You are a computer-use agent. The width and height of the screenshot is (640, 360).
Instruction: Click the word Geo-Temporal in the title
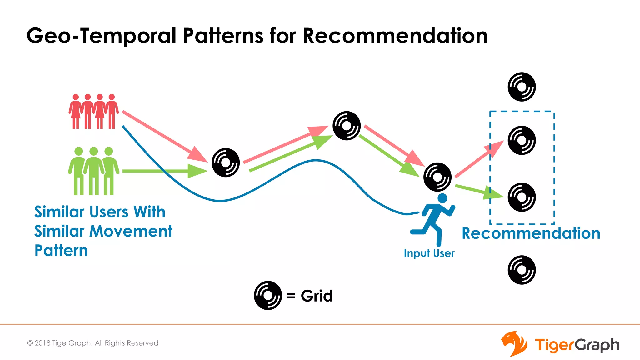coord(102,36)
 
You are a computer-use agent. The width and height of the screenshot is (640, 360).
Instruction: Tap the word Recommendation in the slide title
coord(395,36)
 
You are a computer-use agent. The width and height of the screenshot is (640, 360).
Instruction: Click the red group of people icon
coord(93,111)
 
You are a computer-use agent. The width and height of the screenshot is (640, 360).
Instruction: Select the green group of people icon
coord(93,171)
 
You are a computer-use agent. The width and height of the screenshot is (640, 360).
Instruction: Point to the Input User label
coord(429,253)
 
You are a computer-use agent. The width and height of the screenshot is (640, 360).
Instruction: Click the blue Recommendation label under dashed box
coord(531,233)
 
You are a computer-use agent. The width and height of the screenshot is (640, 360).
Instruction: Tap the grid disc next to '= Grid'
coord(268,296)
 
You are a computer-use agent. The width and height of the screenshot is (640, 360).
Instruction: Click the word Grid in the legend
coord(317,296)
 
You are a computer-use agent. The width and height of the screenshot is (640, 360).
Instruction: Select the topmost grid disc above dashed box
coord(522,87)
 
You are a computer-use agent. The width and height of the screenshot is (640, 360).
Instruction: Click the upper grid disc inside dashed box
coord(522,140)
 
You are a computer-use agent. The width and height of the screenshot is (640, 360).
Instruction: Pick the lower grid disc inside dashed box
coord(522,197)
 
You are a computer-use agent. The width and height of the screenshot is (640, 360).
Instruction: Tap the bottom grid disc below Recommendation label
coord(522,270)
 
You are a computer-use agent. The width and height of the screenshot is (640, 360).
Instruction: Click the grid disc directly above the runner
coord(437,177)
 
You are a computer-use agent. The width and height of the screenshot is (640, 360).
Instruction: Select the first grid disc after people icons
coord(226,162)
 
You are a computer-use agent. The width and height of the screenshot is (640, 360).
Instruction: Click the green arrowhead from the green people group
coord(197,171)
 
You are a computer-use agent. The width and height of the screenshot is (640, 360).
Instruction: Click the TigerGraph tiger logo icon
coord(514,344)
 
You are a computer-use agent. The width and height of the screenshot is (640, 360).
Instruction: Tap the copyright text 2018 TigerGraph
coord(93,343)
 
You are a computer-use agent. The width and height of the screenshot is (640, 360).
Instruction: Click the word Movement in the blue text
coord(131,231)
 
